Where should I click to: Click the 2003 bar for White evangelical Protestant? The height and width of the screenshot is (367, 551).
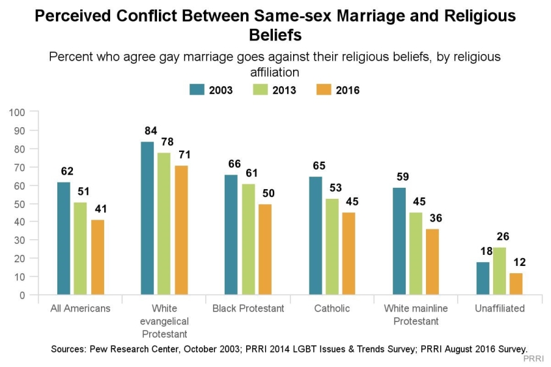147,218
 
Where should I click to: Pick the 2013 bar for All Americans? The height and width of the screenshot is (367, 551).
80,248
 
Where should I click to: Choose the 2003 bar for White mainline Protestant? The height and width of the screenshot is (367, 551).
399,241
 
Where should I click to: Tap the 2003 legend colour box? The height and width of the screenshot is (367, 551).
197,90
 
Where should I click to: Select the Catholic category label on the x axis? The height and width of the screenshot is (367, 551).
332,308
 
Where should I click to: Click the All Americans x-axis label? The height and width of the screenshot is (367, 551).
80,308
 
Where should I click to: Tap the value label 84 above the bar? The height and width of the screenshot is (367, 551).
147,130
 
